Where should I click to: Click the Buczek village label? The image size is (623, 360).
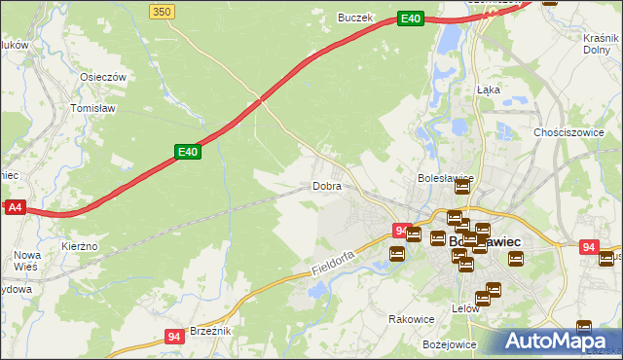tap(355, 17)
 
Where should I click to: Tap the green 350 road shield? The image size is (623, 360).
tap(163, 10)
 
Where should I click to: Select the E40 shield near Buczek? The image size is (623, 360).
tap(411, 18)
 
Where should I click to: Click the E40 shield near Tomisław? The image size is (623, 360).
tap(188, 152)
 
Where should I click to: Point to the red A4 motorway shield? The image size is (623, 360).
tap(14, 207)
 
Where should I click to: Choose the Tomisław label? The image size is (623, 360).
tap(94, 109)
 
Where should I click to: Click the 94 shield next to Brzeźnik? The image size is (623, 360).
tap(174, 337)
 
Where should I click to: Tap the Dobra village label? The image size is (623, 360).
tap(326, 186)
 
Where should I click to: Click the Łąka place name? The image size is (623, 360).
tap(489, 88)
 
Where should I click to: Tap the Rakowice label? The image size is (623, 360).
tap(411, 318)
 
